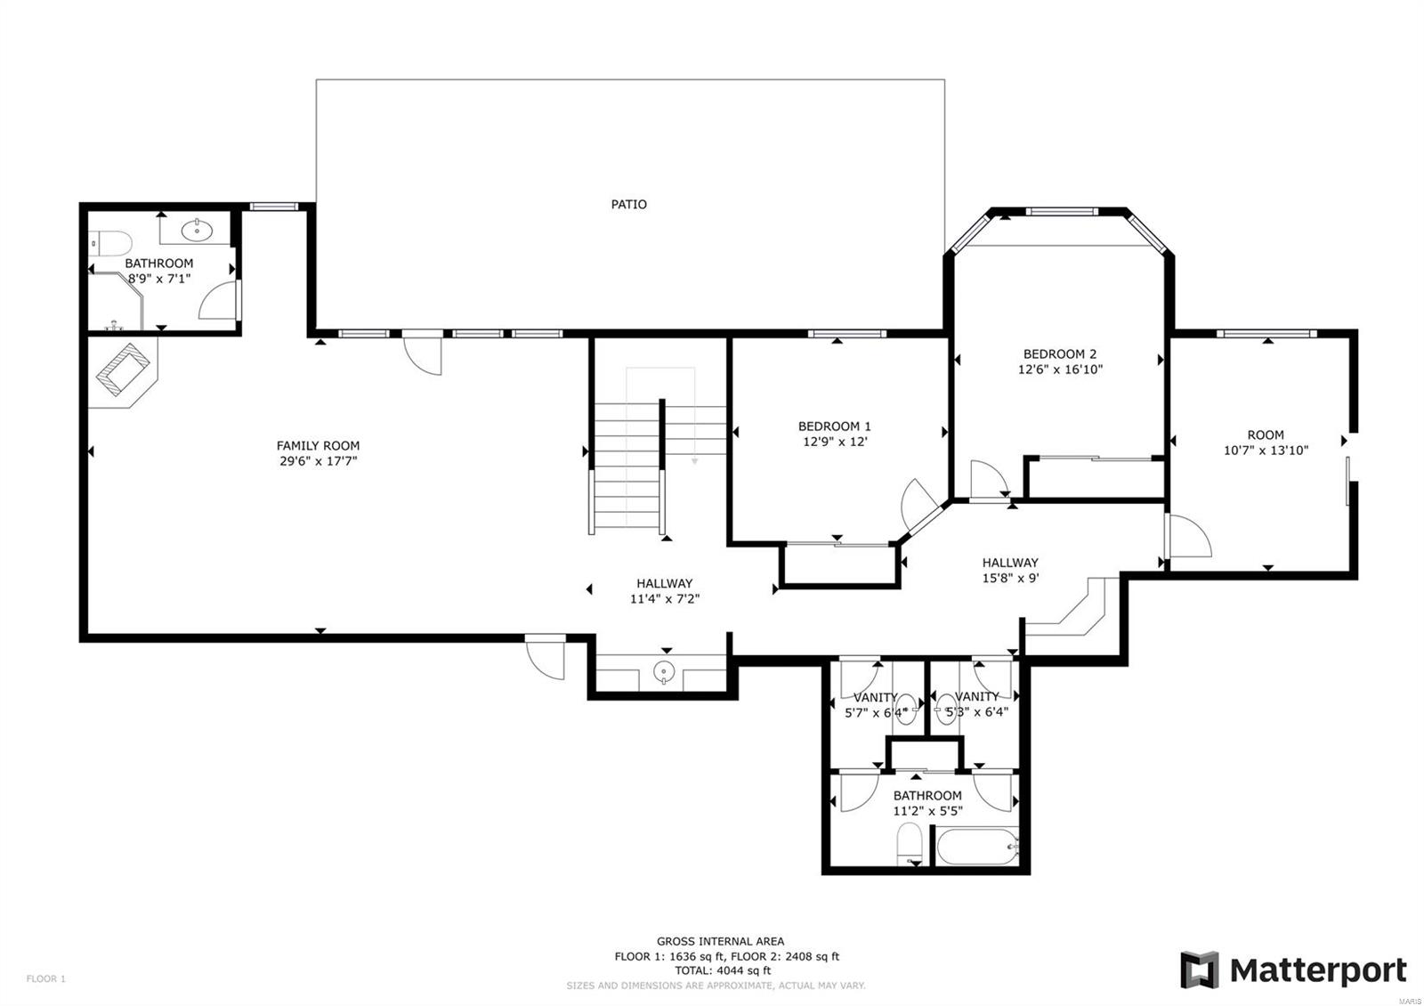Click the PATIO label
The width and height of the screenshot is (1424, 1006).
(x=628, y=204)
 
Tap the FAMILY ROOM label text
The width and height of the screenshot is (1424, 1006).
(x=318, y=445)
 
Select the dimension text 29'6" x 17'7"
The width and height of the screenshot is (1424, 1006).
(x=318, y=461)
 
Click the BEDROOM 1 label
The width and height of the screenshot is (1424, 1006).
(x=834, y=426)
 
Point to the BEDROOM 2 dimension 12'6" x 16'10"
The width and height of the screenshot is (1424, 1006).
(x=1060, y=369)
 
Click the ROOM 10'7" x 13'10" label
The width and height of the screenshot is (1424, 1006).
(x=1266, y=442)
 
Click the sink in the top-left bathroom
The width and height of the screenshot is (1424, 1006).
(x=196, y=231)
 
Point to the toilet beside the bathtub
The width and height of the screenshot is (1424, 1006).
(x=910, y=843)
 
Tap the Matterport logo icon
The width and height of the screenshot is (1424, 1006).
(x=1199, y=969)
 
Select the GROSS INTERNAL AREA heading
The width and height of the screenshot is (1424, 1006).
(x=720, y=941)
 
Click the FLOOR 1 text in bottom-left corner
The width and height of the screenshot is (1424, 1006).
(x=46, y=978)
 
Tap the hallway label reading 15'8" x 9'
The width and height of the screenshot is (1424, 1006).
(x=1009, y=577)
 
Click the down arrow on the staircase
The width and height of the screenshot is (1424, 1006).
(x=694, y=460)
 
